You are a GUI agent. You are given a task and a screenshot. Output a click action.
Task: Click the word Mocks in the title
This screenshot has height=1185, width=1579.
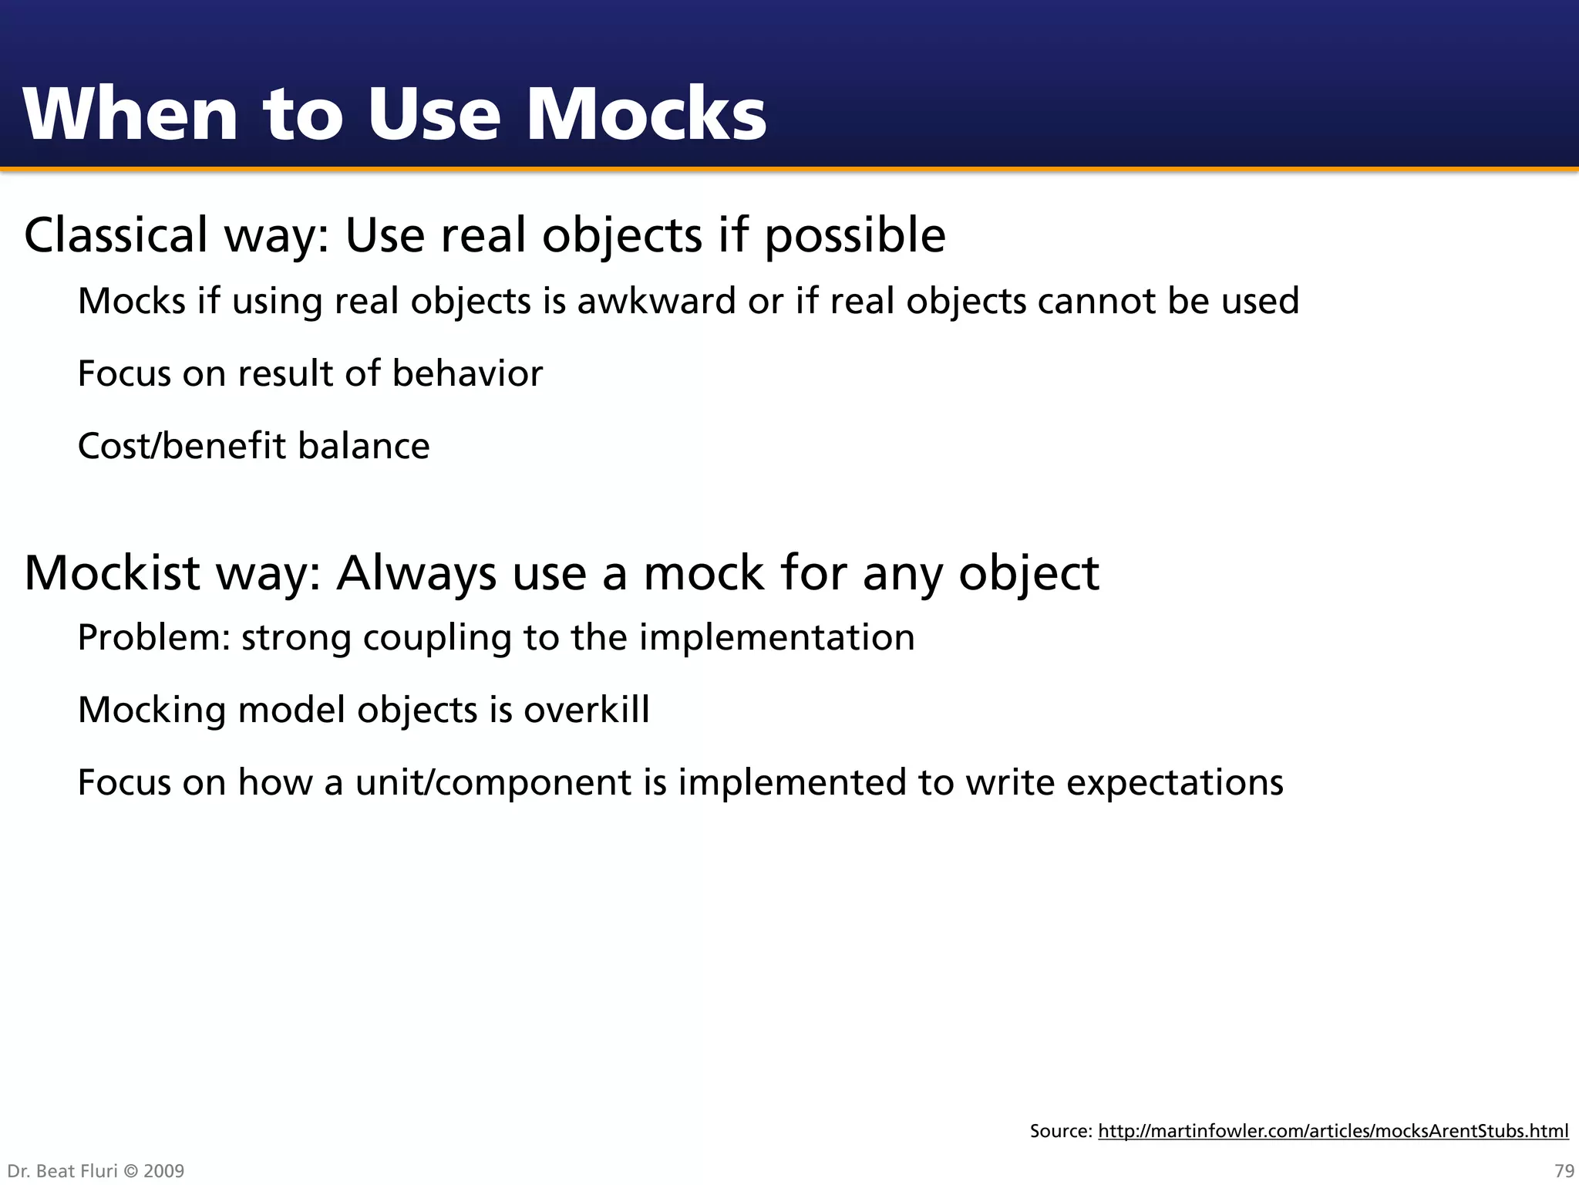point(646,114)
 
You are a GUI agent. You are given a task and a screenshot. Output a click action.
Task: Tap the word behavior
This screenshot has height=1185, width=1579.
point(467,373)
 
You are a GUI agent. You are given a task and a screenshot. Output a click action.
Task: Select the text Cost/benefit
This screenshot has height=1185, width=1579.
point(182,446)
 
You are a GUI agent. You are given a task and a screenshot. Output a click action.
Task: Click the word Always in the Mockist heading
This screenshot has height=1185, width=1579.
point(416,574)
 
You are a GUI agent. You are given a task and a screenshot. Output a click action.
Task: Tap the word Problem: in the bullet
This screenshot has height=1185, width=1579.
point(154,637)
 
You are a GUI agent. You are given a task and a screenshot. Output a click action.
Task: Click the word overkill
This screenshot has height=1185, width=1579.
point(587,710)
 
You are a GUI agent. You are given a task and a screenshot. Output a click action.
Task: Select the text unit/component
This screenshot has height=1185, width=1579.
point(493,783)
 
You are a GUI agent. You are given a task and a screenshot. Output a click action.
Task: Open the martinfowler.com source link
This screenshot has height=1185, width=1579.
point(1333,1131)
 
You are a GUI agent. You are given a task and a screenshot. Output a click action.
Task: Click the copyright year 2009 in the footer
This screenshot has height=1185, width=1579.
point(164,1171)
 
